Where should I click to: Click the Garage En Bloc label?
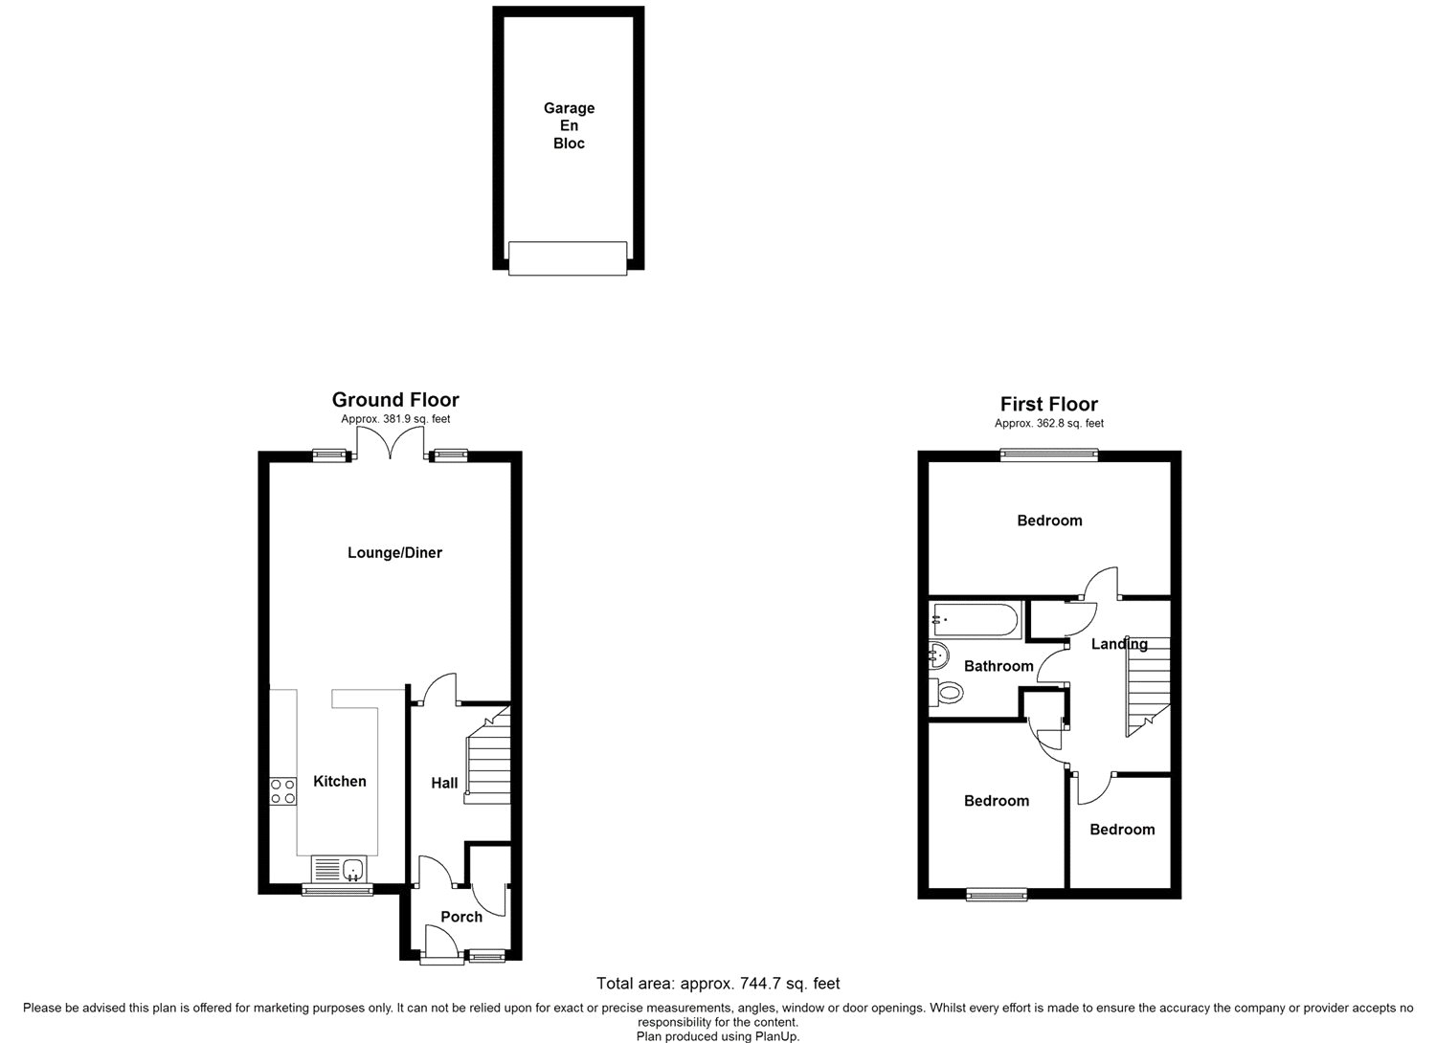click(x=569, y=125)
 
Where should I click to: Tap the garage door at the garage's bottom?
click(x=568, y=258)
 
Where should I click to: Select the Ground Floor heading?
click(x=395, y=400)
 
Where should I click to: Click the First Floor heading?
click(x=1049, y=404)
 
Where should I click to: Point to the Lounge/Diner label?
click(x=394, y=552)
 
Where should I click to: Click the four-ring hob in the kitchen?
click(x=282, y=790)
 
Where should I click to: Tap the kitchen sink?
click(x=339, y=869)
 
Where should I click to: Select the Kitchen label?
click(x=340, y=781)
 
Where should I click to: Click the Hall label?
click(x=444, y=783)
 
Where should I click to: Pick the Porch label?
click(x=461, y=917)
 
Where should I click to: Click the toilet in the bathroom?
click(x=946, y=692)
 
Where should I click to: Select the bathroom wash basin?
click(x=938, y=655)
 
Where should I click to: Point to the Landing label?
click(x=1119, y=644)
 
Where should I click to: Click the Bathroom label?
click(x=998, y=666)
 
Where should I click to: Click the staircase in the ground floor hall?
click(x=488, y=755)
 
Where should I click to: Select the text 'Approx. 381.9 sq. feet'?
click(x=395, y=419)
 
